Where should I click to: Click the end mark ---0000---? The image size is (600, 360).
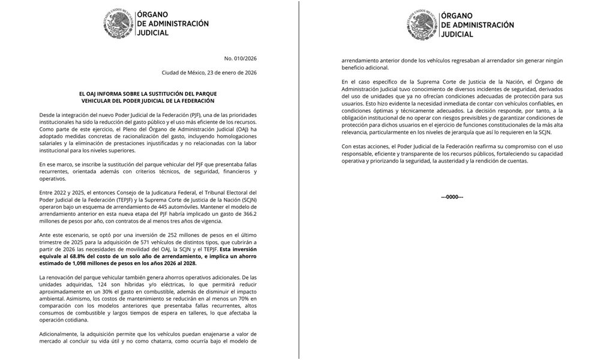pyautogui.click(x=452, y=197)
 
